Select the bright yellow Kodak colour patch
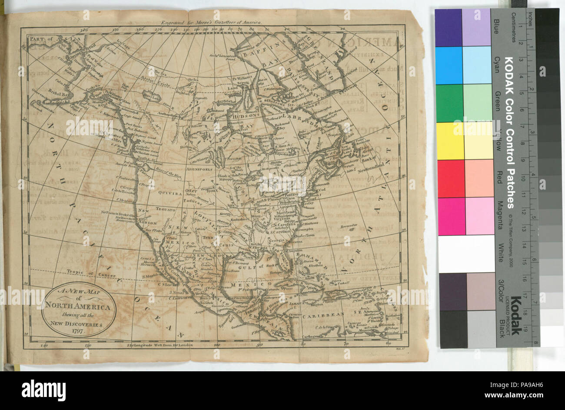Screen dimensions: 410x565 coord(450,141)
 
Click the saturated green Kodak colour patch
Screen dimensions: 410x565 coord(449,103)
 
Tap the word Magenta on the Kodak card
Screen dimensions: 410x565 coord(499,212)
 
